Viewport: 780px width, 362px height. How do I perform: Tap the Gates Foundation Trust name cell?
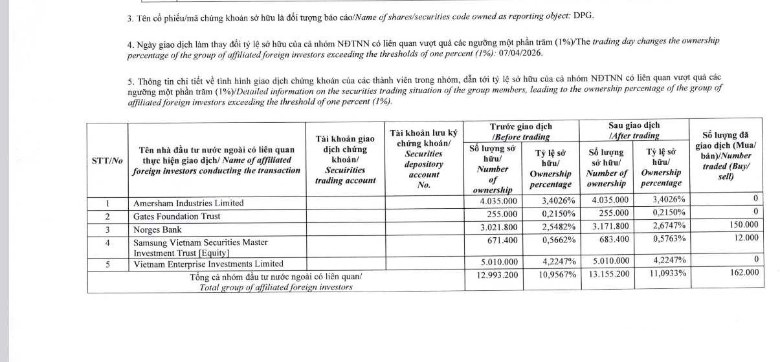pos(176,216)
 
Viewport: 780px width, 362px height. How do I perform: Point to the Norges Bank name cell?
pos(157,229)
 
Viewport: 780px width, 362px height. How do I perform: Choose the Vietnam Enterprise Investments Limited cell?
pos(208,264)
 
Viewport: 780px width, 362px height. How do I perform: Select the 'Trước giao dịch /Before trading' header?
pos(520,131)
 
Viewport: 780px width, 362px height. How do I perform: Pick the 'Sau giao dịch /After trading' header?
pos(634,131)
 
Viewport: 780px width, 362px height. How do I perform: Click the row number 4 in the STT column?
pos(107,242)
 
